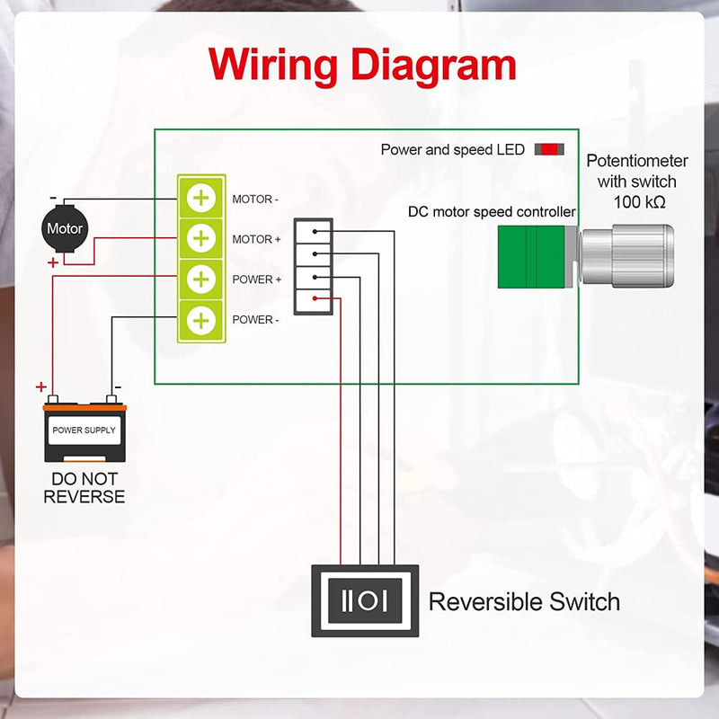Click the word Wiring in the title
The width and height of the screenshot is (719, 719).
tap(273, 66)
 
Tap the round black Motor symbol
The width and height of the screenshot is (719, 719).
tap(65, 228)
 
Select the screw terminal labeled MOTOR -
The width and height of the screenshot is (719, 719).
tap(201, 198)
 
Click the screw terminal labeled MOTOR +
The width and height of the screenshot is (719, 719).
tap(201, 238)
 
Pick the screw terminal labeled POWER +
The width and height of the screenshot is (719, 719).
tap(201, 280)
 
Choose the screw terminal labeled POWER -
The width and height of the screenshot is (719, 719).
tap(201, 320)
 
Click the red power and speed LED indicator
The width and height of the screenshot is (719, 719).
tap(549, 149)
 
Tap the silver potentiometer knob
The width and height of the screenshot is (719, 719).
tap(627, 256)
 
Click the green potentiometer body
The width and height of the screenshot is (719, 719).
tap(531, 257)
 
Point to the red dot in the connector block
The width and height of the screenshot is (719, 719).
tap(315, 298)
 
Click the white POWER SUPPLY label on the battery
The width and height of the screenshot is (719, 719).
tap(84, 431)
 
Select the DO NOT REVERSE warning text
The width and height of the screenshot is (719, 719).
tap(84, 488)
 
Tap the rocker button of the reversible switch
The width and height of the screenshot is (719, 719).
tap(365, 600)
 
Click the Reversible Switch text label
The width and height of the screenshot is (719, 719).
tap(524, 601)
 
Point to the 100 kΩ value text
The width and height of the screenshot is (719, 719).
tap(639, 201)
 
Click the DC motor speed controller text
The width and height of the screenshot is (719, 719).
tap(492, 212)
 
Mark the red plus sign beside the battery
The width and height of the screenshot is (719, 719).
tap(41, 387)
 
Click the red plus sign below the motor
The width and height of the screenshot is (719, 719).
tap(53, 262)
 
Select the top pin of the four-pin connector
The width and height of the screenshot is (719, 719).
tap(314, 232)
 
